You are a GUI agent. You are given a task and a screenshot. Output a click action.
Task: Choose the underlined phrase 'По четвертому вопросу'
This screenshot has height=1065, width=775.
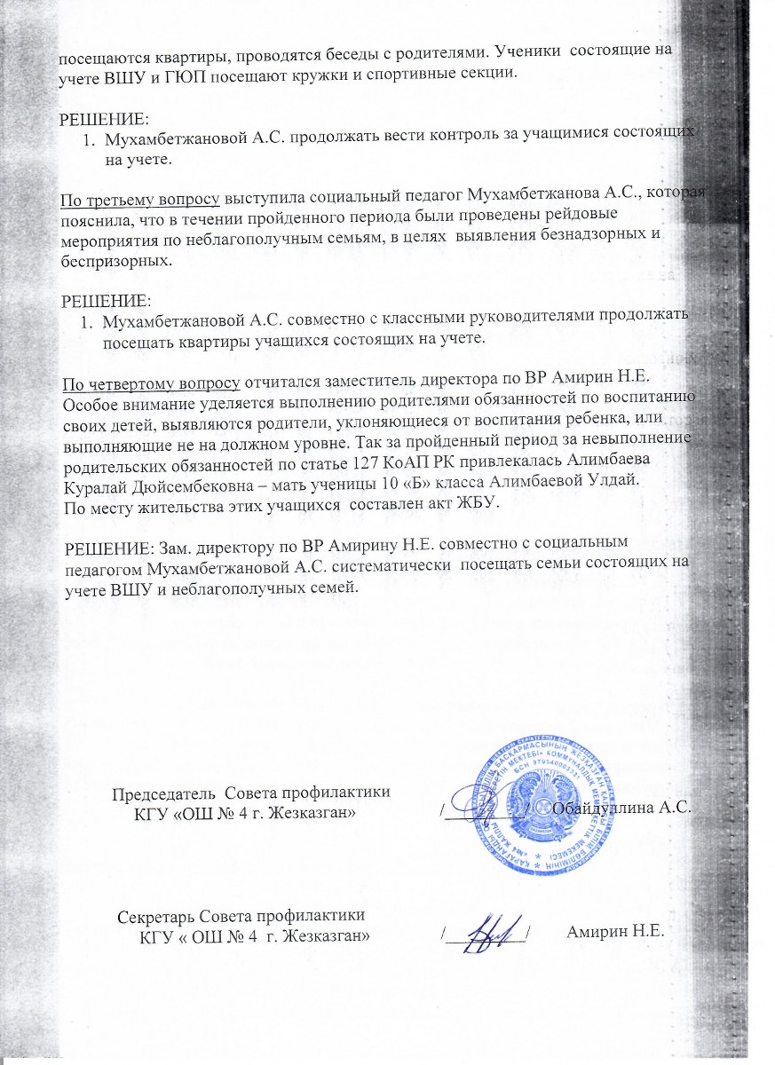(150, 384)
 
